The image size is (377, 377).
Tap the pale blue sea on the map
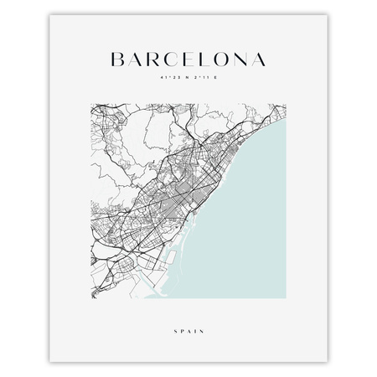pyautogui.click(x=251, y=226)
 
